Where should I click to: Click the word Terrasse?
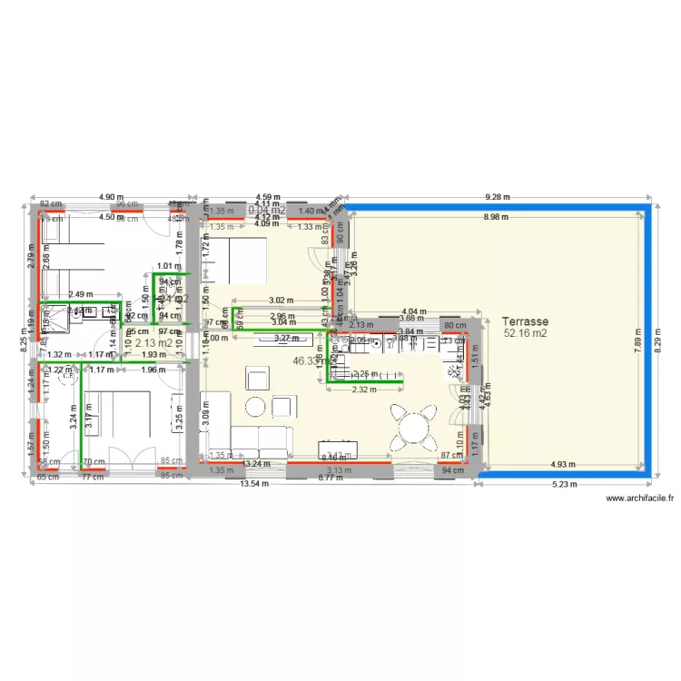[x=524, y=321]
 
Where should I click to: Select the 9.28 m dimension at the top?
[x=498, y=196]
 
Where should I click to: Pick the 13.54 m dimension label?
[x=254, y=484]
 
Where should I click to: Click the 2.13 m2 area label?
[x=153, y=343]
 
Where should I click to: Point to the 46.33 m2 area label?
[x=309, y=360]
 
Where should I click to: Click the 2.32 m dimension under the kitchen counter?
[x=364, y=390]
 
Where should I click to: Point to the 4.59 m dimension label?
[x=267, y=196]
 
